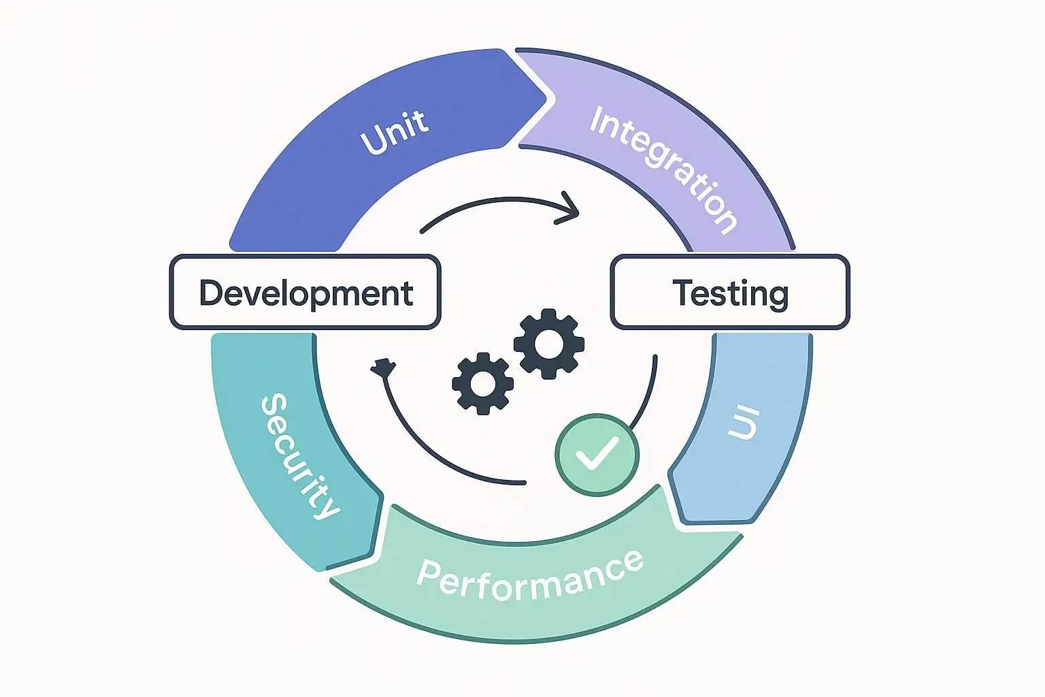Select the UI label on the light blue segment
743,423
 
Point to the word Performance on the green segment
530,577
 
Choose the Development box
305,293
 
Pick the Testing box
730,293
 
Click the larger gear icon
548,344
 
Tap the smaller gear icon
483,383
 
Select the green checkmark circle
597,455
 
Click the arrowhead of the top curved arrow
571,207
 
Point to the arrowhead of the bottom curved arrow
383,368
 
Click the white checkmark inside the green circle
597,453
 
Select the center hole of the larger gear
548,344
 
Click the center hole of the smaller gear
483,383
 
